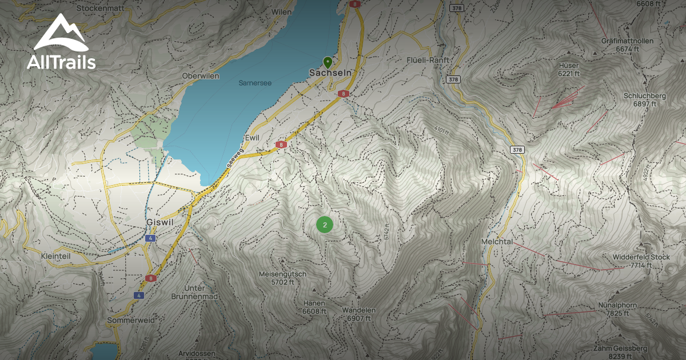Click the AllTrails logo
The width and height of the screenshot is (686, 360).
(x=61, y=43)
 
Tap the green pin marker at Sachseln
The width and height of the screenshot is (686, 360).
(x=328, y=62)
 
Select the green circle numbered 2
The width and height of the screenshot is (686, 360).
(x=325, y=225)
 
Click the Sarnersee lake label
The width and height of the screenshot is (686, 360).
(x=255, y=83)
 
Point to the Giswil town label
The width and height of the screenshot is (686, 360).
(x=155, y=222)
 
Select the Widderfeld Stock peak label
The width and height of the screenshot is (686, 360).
(x=641, y=257)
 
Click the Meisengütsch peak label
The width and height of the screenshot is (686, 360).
(x=282, y=274)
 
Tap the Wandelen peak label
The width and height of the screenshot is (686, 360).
(x=358, y=310)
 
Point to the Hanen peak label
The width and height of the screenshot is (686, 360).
(x=314, y=303)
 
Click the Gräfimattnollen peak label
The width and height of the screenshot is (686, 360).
(x=627, y=42)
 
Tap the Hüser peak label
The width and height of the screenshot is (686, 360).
(x=569, y=66)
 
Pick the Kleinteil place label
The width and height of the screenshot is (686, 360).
(x=55, y=257)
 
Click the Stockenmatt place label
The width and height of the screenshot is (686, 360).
(x=101, y=9)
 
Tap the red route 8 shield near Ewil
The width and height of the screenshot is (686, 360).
(x=281, y=145)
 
